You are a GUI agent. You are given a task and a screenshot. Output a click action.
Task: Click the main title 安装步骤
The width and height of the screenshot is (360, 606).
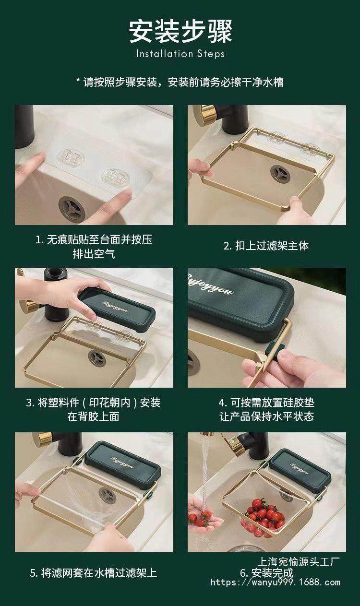180,31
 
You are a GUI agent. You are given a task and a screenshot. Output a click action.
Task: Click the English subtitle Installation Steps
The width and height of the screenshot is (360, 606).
180,54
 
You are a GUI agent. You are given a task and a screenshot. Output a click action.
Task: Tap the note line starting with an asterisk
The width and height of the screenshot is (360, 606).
180,82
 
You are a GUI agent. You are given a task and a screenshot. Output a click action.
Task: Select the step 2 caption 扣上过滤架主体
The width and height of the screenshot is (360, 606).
266,246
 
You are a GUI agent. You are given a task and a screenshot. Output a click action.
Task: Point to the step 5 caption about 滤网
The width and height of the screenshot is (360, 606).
94,573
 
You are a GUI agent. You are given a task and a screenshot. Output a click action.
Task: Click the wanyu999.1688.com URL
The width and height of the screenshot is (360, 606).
275,582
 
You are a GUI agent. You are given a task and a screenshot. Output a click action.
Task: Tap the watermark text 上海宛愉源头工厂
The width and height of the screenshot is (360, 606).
299,562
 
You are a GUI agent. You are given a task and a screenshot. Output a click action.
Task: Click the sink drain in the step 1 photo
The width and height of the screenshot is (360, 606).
72,209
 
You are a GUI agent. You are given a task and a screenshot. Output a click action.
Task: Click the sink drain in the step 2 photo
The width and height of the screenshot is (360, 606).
280,174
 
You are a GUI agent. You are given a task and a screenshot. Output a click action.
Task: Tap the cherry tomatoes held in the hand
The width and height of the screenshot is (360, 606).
200,518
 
